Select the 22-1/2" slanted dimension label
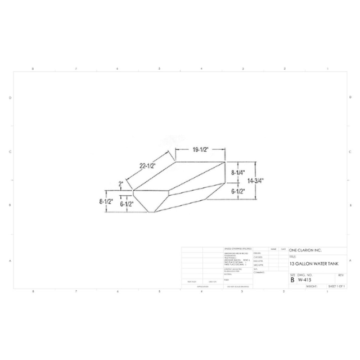pos(148,166)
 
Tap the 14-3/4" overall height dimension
pos(257,182)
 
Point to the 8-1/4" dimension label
pos(238,173)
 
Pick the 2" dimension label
pos(121,184)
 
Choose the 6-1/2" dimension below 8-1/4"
pos(238,192)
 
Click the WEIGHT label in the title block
pos(311,286)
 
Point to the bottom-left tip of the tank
pos(151,212)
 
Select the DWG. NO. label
pos(305,274)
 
